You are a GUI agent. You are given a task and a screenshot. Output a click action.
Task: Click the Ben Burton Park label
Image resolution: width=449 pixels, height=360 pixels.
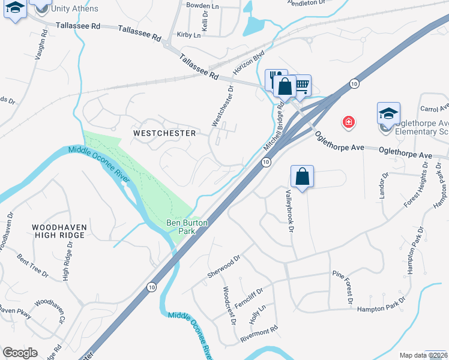tap(187, 227)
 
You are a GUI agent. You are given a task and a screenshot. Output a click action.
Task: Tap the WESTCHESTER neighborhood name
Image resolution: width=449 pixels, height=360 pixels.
tap(164, 133)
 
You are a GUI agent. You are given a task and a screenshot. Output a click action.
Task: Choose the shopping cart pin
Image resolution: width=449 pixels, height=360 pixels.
tap(302, 85)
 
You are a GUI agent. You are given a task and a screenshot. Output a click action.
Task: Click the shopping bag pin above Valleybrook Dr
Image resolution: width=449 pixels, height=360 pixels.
tap(302, 177)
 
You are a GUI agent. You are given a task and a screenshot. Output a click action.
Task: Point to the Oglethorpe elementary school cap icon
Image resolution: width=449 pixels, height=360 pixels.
tap(388, 113)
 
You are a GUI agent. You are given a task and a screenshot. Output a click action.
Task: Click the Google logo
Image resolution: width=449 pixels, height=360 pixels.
tap(20, 353)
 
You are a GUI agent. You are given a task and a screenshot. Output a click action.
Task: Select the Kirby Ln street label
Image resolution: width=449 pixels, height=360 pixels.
tap(188, 35)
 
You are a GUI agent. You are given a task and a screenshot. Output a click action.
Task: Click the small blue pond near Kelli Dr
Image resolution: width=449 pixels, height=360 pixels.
tap(253, 26)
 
